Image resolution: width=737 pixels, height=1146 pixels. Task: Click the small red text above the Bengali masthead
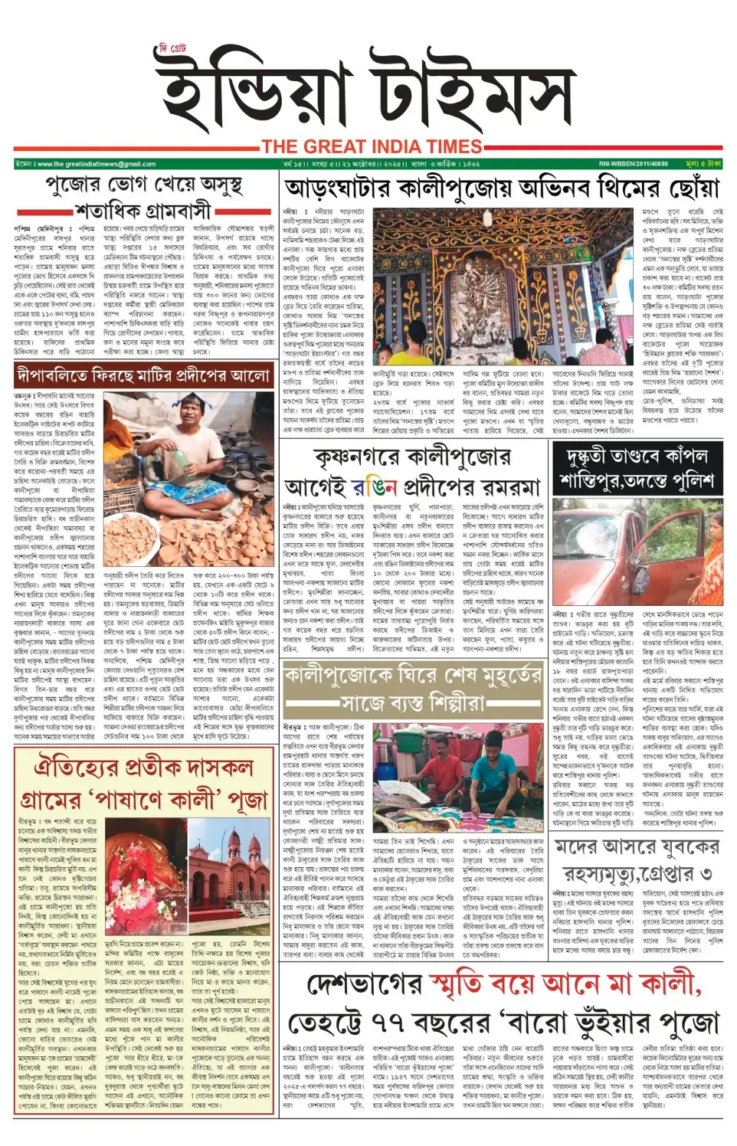172,51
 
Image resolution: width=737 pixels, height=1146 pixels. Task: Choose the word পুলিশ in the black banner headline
686,482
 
